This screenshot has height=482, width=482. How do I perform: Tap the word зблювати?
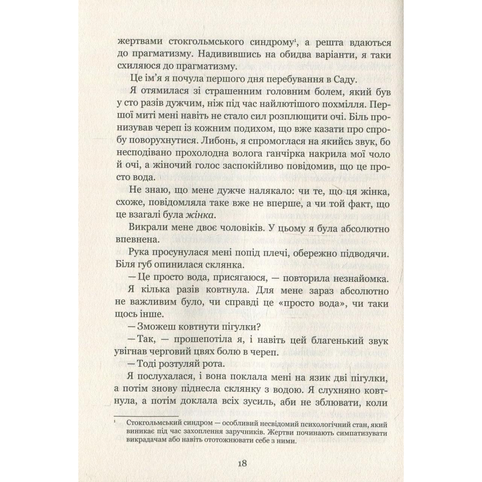tap(325, 402)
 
